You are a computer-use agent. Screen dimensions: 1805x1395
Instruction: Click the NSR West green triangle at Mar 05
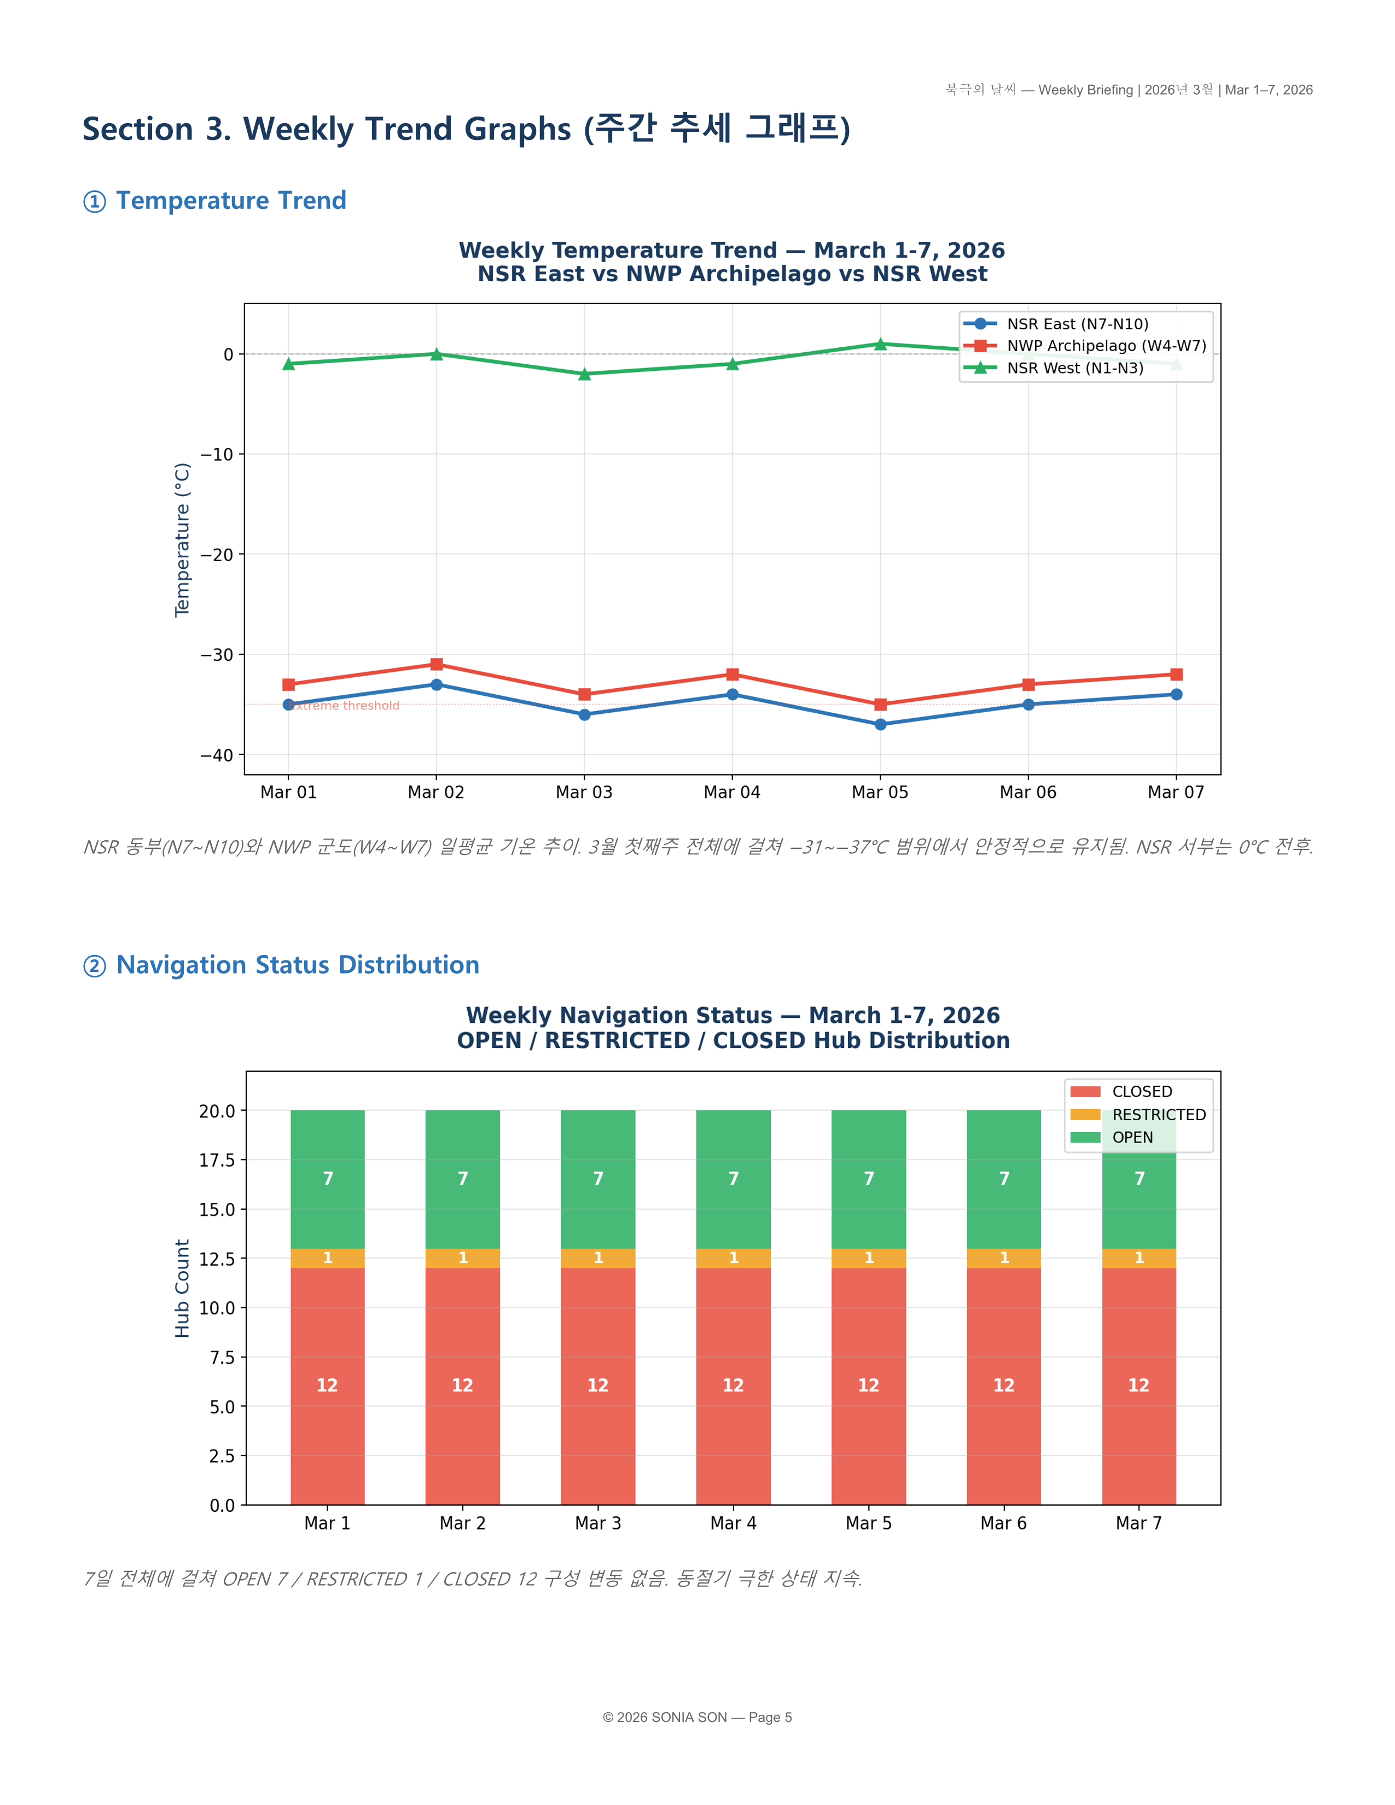click(x=880, y=344)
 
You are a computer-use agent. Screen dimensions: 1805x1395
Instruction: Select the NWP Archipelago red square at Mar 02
click(x=437, y=665)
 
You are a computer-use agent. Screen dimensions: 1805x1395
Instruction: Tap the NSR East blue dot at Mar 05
click(x=880, y=725)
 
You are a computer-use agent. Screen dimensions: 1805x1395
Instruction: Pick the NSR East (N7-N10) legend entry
click(x=1077, y=324)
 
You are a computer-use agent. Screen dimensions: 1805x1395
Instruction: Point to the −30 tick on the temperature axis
click(x=217, y=655)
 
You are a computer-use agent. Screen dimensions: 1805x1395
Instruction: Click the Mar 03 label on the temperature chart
click(x=584, y=793)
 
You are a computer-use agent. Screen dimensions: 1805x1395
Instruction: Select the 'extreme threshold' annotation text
click(x=345, y=706)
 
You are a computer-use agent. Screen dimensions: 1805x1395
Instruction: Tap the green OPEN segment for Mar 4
click(x=733, y=1179)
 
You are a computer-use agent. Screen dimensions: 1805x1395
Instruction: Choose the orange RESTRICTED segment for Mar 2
click(x=463, y=1258)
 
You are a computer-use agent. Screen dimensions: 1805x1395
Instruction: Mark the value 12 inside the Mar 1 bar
click(x=327, y=1385)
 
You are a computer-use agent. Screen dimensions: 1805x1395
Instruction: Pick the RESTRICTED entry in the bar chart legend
click(x=1159, y=1115)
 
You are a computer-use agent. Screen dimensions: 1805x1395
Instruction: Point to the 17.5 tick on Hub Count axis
click(x=217, y=1160)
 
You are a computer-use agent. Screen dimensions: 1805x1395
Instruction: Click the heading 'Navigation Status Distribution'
click(x=298, y=965)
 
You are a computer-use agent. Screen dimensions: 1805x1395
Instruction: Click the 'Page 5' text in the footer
click(x=770, y=1717)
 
